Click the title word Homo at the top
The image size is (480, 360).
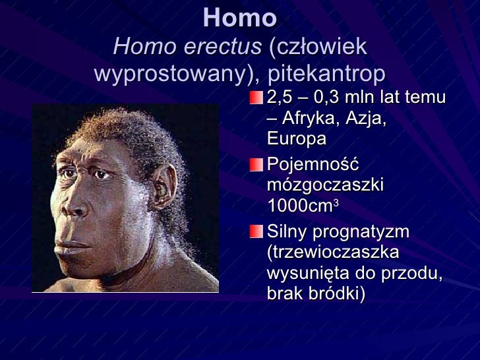(x=239, y=18)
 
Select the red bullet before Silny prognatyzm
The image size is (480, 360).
(x=255, y=231)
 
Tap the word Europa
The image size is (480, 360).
(x=297, y=139)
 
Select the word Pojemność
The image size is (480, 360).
(x=313, y=165)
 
